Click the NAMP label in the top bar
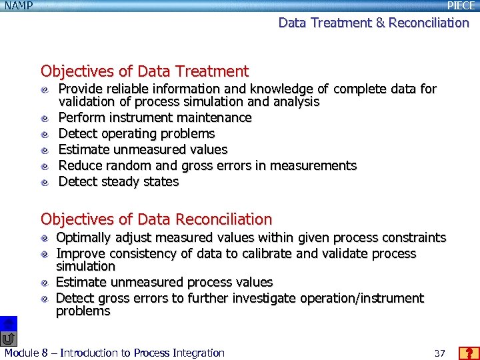[18, 5]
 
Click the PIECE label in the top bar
[461, 5]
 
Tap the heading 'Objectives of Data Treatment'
[144, 71]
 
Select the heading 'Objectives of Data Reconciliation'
[156, 219]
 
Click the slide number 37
[439, 353]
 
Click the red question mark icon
[469, 353]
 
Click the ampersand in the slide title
[380, 23]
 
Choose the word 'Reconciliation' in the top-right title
[429, 23]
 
